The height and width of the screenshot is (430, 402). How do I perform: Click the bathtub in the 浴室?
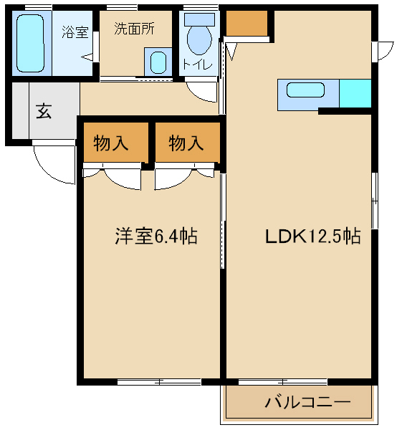(x=30, y=43)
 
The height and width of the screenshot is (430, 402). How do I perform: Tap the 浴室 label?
(x=75, y=32)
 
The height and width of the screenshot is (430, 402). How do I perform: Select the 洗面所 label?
(x=134, y=28)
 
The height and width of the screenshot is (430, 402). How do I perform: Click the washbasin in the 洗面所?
(x=158, y=62)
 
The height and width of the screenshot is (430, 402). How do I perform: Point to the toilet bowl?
(x=199, y=39)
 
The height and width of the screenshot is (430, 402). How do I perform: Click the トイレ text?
(x=198, y=64)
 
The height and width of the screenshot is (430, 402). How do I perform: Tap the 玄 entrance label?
(x=44, y=111)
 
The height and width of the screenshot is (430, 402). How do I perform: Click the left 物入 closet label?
(x=111, y=143)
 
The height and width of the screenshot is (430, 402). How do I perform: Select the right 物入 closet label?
(x=186, y=143)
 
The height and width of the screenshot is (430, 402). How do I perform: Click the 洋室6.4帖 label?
(x=156, y=236)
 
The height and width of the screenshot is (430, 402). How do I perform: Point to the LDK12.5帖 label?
(x=313, y=236)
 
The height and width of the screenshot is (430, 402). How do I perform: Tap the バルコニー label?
(x=307, y=402)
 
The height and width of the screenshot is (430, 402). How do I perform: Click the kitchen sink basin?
(x=305, y=90)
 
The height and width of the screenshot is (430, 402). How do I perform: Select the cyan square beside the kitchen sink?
(x=355, y=93)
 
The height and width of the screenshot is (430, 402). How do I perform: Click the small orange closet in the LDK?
(x=247, y=24)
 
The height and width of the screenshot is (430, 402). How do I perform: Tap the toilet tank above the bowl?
(x=200, y=19)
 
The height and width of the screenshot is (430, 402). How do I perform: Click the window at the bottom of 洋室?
(x=159, y=382)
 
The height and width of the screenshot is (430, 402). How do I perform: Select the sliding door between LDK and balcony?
(x=283, y=382)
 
